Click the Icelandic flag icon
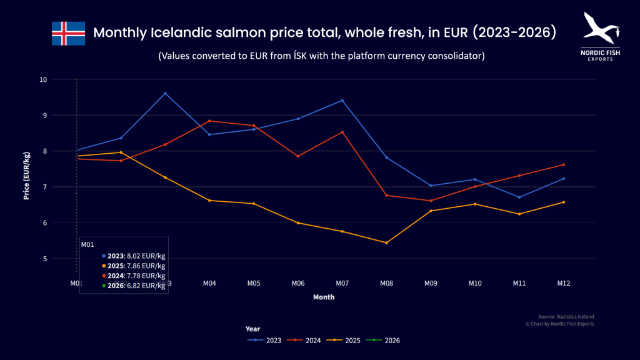(68, 33)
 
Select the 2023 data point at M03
(165, 93)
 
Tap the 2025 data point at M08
(386, 242)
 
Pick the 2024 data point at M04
(209, 121)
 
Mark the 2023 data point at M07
(342, 101)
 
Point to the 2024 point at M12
(564, 165)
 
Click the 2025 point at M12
(564, 202)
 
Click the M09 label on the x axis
(431, 283)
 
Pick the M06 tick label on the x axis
(297, 283)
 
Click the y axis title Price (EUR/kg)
(27, 178)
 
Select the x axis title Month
(324, 297)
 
